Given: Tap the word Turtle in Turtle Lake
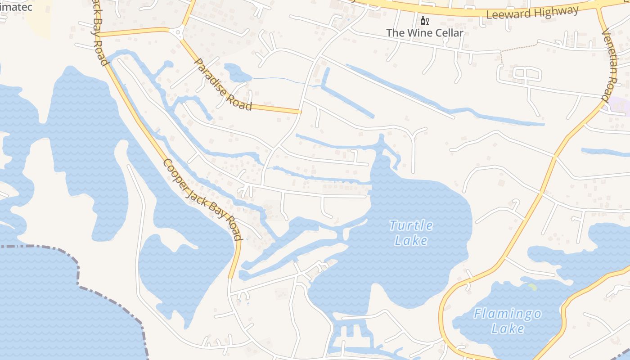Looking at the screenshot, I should [411, 225].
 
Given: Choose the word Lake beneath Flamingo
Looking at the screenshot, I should [508, 328].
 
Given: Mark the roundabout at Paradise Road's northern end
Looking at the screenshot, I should [178, 32].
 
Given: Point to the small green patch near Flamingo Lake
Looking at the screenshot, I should [532, 286].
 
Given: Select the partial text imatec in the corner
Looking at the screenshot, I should [16, 7].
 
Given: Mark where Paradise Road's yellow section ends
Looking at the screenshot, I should [299, 111].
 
